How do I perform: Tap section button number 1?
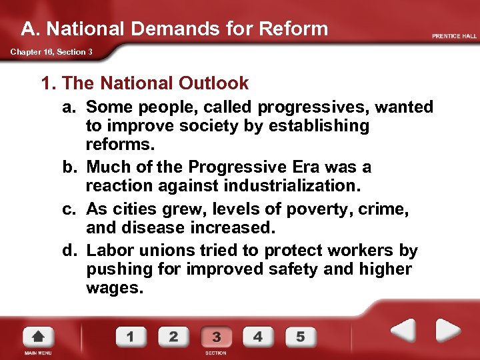click(x=131, y=336)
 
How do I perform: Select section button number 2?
click(x=173, y=336)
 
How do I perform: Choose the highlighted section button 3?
click(x=216, y=336)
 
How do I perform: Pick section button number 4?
click(x=258, y=336)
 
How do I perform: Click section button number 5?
click(x=301, y=336)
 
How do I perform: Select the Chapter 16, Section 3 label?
click(x=51, y=52)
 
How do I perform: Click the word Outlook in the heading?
click(x=213, y=83)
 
